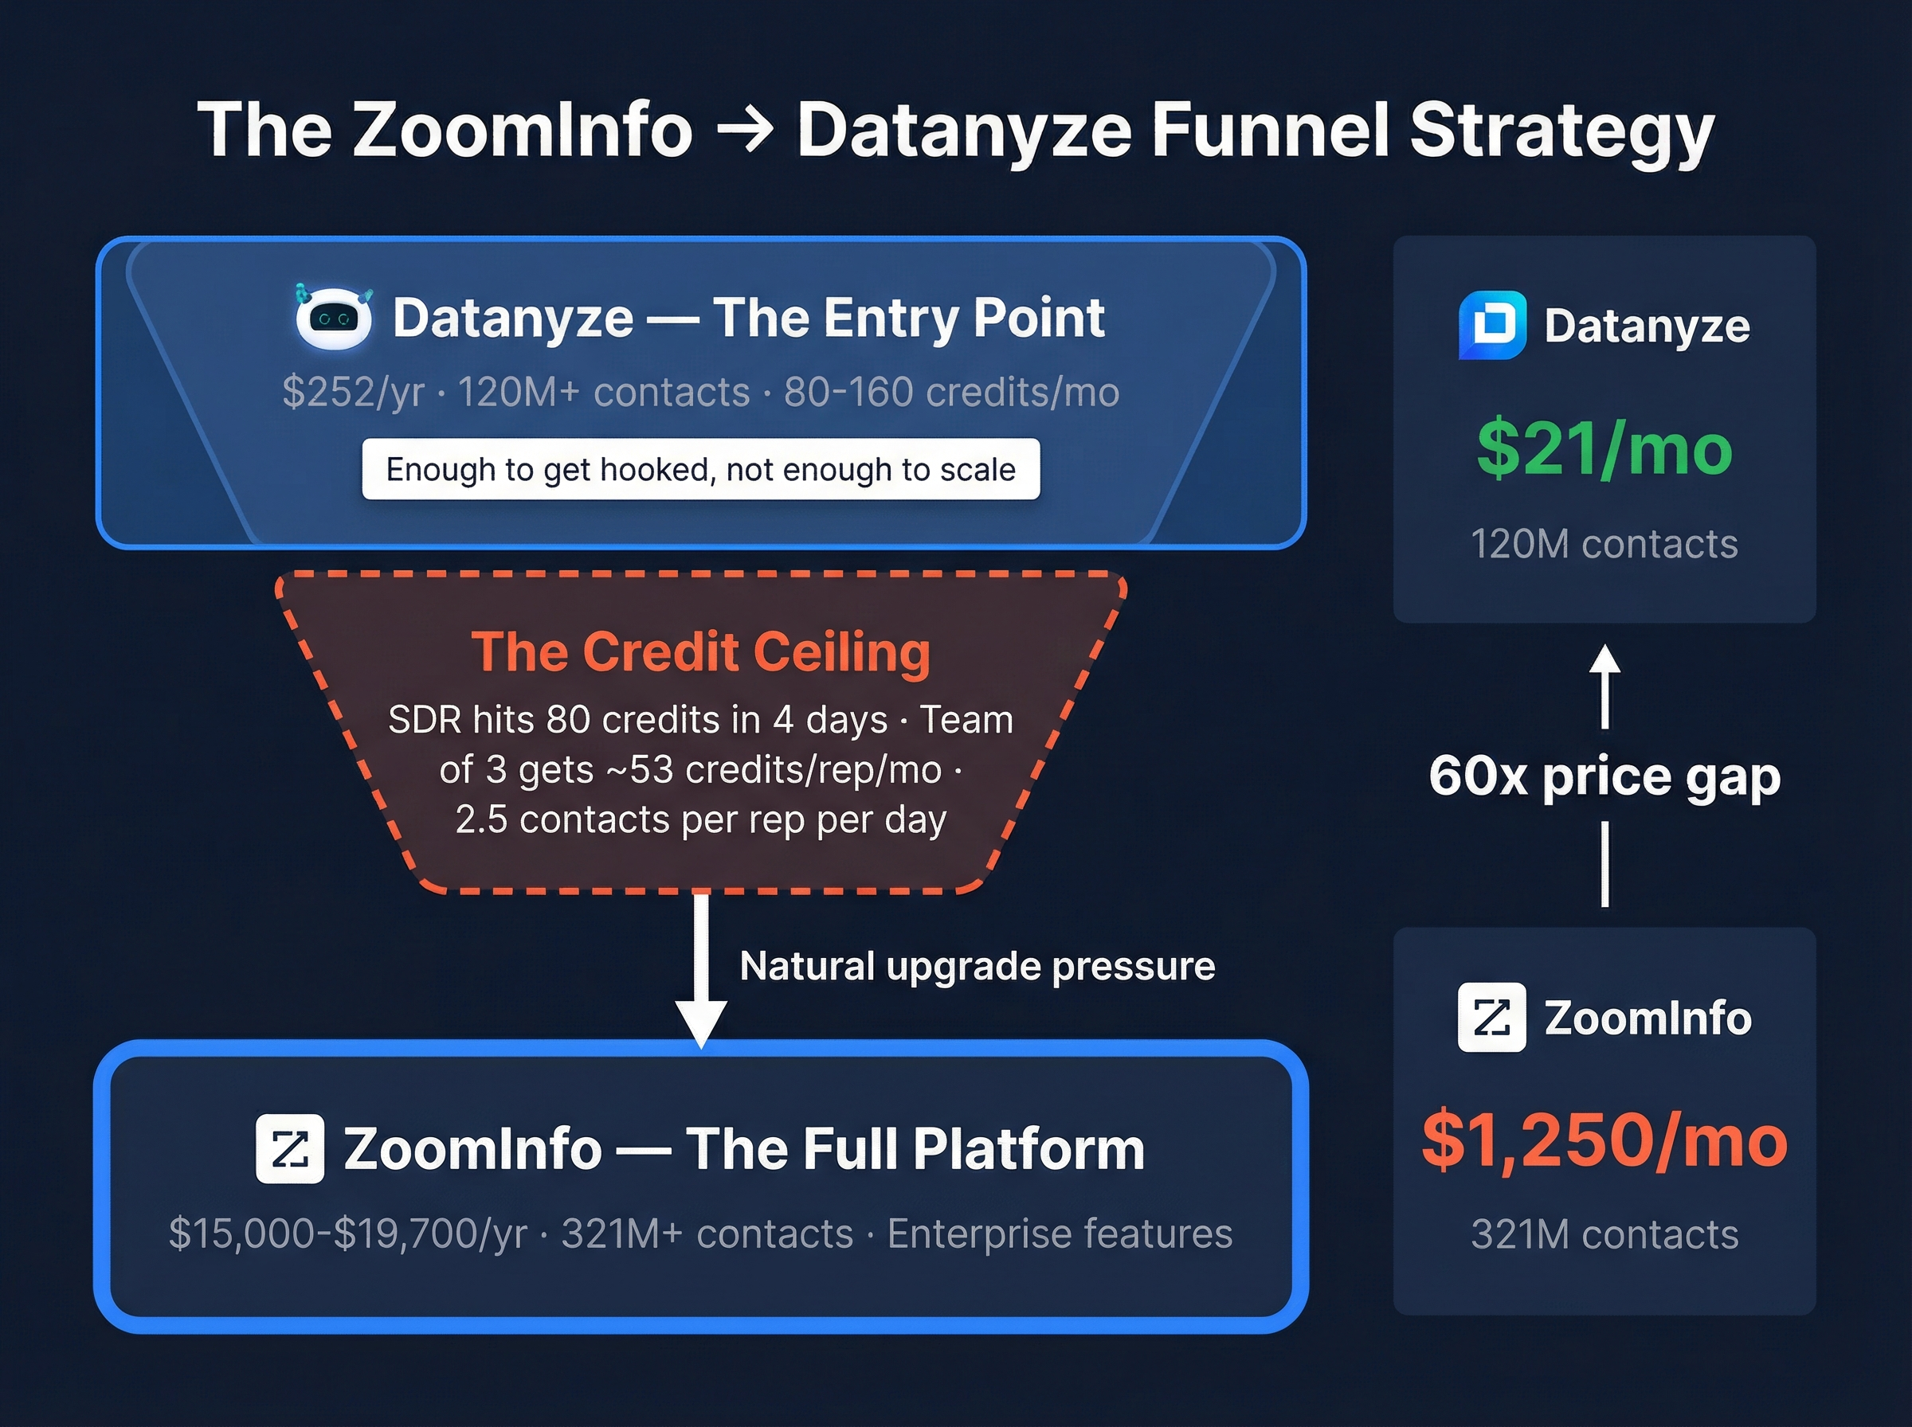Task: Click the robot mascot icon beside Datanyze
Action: pyautogui.click(x=334, y=317)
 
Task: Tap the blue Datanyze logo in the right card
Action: pyautogui.click(x=1492, y=325)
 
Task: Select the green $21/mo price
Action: pyautogui.click(x=1604, y=448)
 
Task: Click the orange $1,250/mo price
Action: pyautogui.click(x=1604, y=1140)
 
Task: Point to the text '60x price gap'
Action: pyautogui.click(x=1604, y=776)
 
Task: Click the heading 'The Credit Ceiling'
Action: pyautogui.click(x=701, y=651)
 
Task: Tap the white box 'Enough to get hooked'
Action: pyautogui.click(x=701, y=469)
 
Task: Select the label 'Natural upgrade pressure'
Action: pyautogui.click(x=978, y=966)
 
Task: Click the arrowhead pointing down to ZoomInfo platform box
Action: pyautogui.click(x=701, y=1022)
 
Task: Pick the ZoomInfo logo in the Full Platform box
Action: pyautogui.click(x=290, y=1148)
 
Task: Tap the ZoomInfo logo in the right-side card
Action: pyautogui.click(x=1492, y=1017)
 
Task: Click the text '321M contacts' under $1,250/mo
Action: pyautogui.click(x=1604, y=1234)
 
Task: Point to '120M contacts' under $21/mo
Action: pyautogui.click(x=1604, y=544)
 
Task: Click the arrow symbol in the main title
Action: pyautogui.click(x=746, y=130)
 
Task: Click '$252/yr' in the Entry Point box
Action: pyautogui.click(x=354, y=392)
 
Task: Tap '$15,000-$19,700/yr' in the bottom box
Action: pyautogui.click(x=347, y=1233)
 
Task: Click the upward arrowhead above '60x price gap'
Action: pyautogui.click(x=1604, y=661)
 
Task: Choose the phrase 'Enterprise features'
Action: pyautogui.click(x=1060, y=1233)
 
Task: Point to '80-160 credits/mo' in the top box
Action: pyautogui.click(x=951, y=392)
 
